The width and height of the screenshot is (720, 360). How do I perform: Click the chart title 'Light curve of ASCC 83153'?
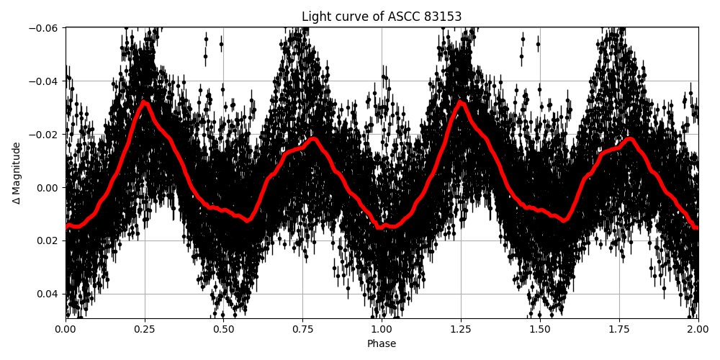pyautogui.click(x=382, y=17)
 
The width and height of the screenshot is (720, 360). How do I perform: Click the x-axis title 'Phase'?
pyautogui.click(x=382, y=344)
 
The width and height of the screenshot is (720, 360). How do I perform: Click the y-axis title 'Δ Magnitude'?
pyautogui.click(x=17, y=173)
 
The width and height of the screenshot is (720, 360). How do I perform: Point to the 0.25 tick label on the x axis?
pyautogui.click(x=145, y=330)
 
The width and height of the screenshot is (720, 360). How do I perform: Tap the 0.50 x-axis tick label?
pyautogui.click(x=223, y=330)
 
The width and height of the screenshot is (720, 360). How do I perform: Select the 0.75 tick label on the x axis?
pyautogui.click(x=302, y=330)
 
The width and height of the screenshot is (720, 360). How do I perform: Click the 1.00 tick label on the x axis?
pyautogui.click(x=382, y=330)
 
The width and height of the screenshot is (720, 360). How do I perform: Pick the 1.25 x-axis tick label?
pyautogui.click(x=461, y=330)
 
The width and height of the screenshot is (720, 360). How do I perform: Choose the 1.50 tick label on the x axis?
pyautogui.click(x=540, y=330)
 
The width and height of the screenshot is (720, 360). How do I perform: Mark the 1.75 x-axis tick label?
pyautogui.click(x=619, y=330)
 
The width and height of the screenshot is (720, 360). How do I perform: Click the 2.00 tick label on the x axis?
pyautogui.click(x=698, y=330)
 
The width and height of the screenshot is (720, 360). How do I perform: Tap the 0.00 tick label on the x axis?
pyautogui.click(x=66, y=330)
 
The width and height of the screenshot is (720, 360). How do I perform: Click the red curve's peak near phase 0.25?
pyautogui.click(x=145, y=102)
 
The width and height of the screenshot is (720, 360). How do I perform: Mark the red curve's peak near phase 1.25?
pyautogui.click(x=462, y=102)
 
